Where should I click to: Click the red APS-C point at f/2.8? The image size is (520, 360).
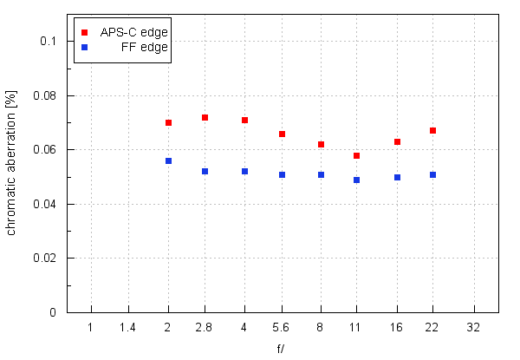(x=205, y=117)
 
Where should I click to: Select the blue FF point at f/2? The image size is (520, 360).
(x=168, y=160)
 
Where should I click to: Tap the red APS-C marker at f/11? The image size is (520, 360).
(x=356, y=155)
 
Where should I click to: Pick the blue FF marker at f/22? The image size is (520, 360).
(x=432, y=174)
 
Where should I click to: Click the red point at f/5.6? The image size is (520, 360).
(x=282, y=134)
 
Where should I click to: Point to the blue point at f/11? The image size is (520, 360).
(x=356, y=180)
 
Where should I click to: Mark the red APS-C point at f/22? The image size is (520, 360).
(x=432, y=130)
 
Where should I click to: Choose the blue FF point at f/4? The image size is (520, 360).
(x=244, y=171)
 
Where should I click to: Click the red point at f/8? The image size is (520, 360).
(x=321, y=144)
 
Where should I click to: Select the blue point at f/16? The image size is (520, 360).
(x=397, y=177)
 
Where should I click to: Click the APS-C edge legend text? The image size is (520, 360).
(x=134, y=32)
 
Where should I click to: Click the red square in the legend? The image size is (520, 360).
(x=84, y=32)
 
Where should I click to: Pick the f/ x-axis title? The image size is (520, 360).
(x=282, y=349)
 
